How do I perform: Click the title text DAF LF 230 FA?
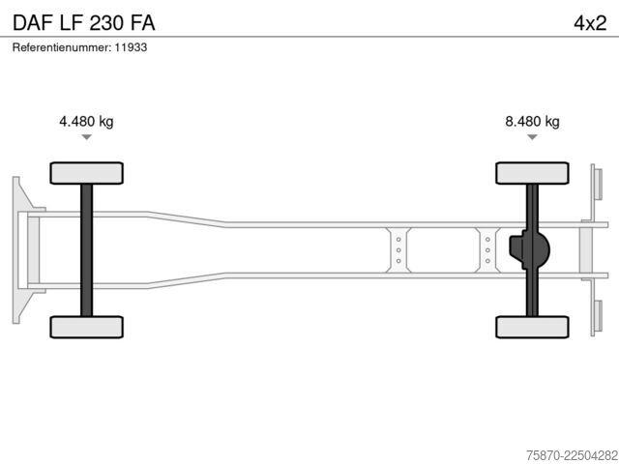[x=84, y=23]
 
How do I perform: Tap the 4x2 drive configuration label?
[x=590, y=23]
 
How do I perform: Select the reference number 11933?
[x=131, y=47]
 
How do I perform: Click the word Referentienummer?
[x=62, y=47]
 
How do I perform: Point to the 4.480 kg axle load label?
[x=86, y=121]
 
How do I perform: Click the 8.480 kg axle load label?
[x=532, y=121]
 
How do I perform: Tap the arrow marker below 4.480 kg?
[x=86, y=137]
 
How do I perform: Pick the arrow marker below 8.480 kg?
[x=532, y=137]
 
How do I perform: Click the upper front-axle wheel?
[x=86, y=173]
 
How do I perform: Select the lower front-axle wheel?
[x=86, y=327]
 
